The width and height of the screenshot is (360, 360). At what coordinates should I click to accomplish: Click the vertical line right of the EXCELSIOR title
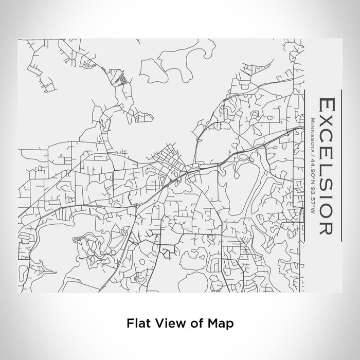(341, 165)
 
